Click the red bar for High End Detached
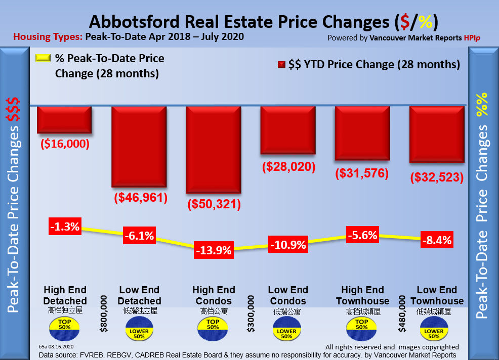click(x=64, y=119)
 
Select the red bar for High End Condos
click(x=213, y=149)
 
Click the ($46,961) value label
click(x=139, y=197)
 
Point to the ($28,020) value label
click(x=288, y=166)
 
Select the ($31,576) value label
click(x=362, y=173)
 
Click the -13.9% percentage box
click(x=214, y=249)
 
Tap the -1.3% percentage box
click(x=65, y=227)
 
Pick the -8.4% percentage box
click(x=436, y=240)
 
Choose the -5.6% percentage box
click(x=362, y=234)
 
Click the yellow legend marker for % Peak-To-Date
click(x=43, y=58)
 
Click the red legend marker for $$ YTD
click(x=281, y=65)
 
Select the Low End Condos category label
click(x=288, y=295)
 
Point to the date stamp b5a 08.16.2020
click(x=57, y=347)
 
